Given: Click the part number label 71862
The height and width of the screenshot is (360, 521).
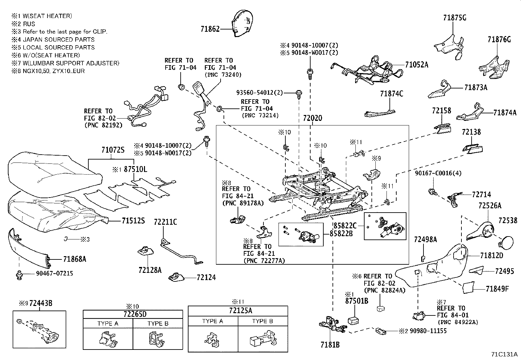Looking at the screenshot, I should (210, 29).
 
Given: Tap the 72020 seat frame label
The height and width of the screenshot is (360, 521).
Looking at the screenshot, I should (312, 118).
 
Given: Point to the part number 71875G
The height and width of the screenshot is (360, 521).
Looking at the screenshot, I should (455, 18).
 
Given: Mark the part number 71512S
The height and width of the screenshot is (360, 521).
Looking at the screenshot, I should (133, 221).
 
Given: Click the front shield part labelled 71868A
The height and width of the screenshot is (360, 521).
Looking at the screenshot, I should (28, 246).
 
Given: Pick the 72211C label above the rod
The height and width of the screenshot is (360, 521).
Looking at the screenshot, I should (165, 222).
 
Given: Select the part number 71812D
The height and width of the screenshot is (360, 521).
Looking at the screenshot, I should (492, 255).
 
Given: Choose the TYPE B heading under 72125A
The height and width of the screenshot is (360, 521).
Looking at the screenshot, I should (262, 321).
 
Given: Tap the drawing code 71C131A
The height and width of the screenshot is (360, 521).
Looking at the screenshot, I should (504, 354).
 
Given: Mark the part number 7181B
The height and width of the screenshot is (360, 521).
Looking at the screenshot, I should (330, 345).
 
